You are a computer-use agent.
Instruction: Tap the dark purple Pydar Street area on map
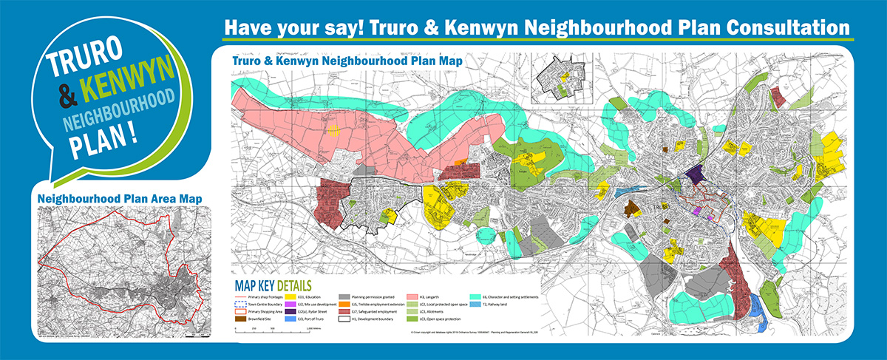[x=696, y=175]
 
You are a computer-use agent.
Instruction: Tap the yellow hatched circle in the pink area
[x=333, y=131]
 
